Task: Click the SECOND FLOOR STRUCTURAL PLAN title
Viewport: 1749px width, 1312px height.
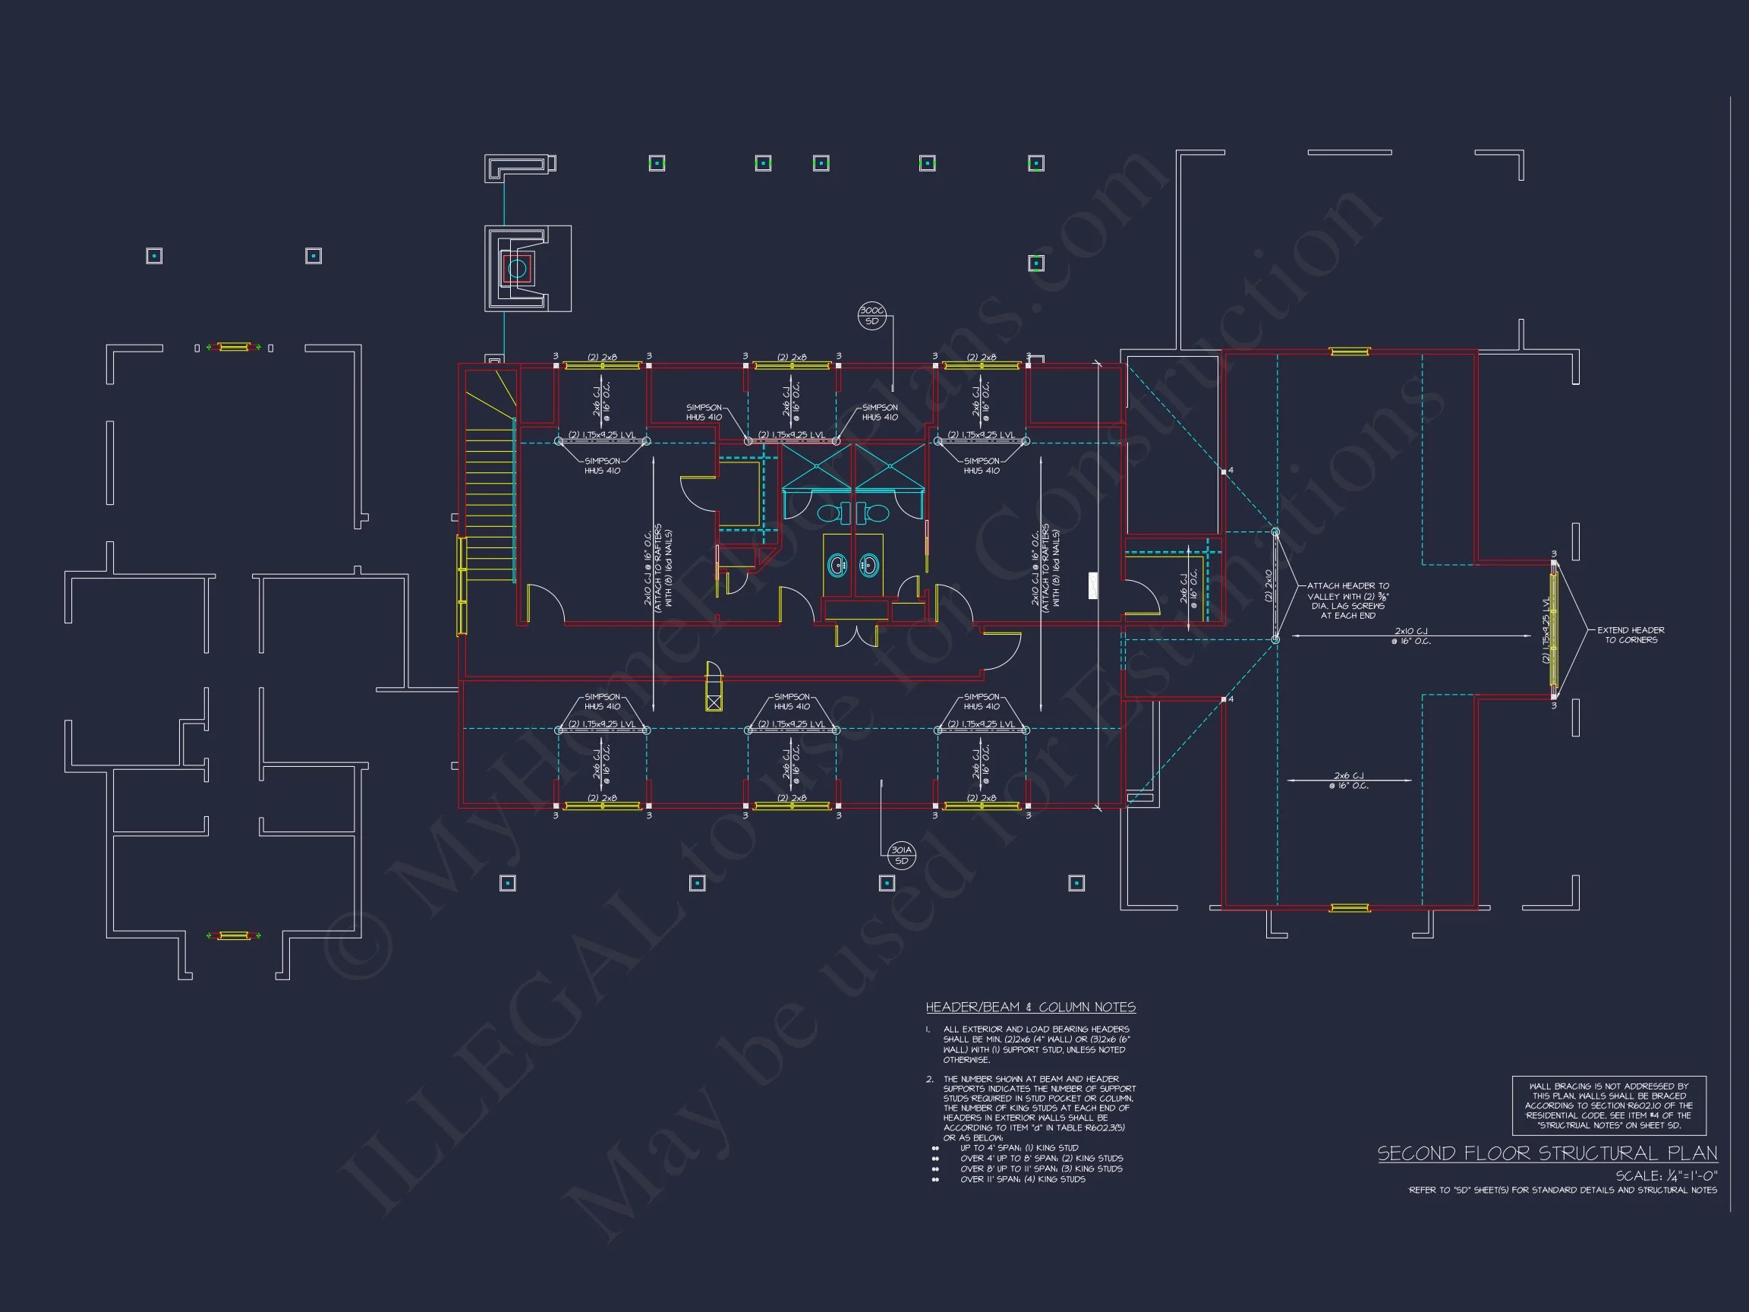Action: tap(1546, 1153)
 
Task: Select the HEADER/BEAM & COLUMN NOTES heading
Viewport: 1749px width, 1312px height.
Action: tap(1030, 1007)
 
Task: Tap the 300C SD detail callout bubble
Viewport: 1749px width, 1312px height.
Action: tap(871, 317)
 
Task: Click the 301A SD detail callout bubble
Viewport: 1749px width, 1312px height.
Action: tap(901, 855)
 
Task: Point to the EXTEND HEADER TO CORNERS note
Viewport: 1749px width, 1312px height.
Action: tap(1631, 635)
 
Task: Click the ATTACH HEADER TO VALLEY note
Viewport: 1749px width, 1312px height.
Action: tap(1347, 601)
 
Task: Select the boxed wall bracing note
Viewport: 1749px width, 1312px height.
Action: tap(1609, 1105)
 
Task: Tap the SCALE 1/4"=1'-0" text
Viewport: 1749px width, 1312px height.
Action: tap(1666, 1175)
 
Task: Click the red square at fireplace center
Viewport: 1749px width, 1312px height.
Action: tap(517, 269)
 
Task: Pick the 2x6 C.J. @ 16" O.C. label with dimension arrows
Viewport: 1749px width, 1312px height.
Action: tap(1349, 780)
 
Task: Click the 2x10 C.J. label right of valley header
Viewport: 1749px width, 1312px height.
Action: tap(1410, 635)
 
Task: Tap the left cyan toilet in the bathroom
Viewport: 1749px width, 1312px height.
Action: tap(829, 513)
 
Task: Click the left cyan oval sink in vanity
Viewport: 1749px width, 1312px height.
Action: tap(837, 565)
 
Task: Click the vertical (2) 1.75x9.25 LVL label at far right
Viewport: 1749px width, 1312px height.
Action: tap(1546, 630)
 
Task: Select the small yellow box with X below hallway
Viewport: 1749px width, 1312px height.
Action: tap(714, 702)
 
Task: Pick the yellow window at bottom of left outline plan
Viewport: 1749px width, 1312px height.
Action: tap(233, 935)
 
